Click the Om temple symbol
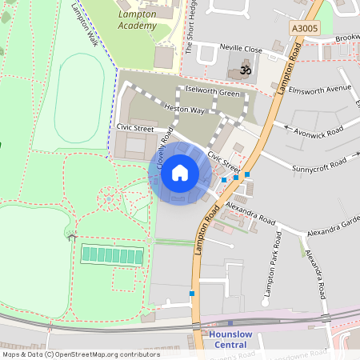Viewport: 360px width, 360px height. (245, 70)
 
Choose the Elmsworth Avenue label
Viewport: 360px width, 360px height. (320, 88)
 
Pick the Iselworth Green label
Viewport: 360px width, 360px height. (212, 93)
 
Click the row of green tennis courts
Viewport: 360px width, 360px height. (112, 254)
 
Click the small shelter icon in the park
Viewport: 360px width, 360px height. (72, 236)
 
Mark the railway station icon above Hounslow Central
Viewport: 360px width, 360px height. (230, 323)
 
